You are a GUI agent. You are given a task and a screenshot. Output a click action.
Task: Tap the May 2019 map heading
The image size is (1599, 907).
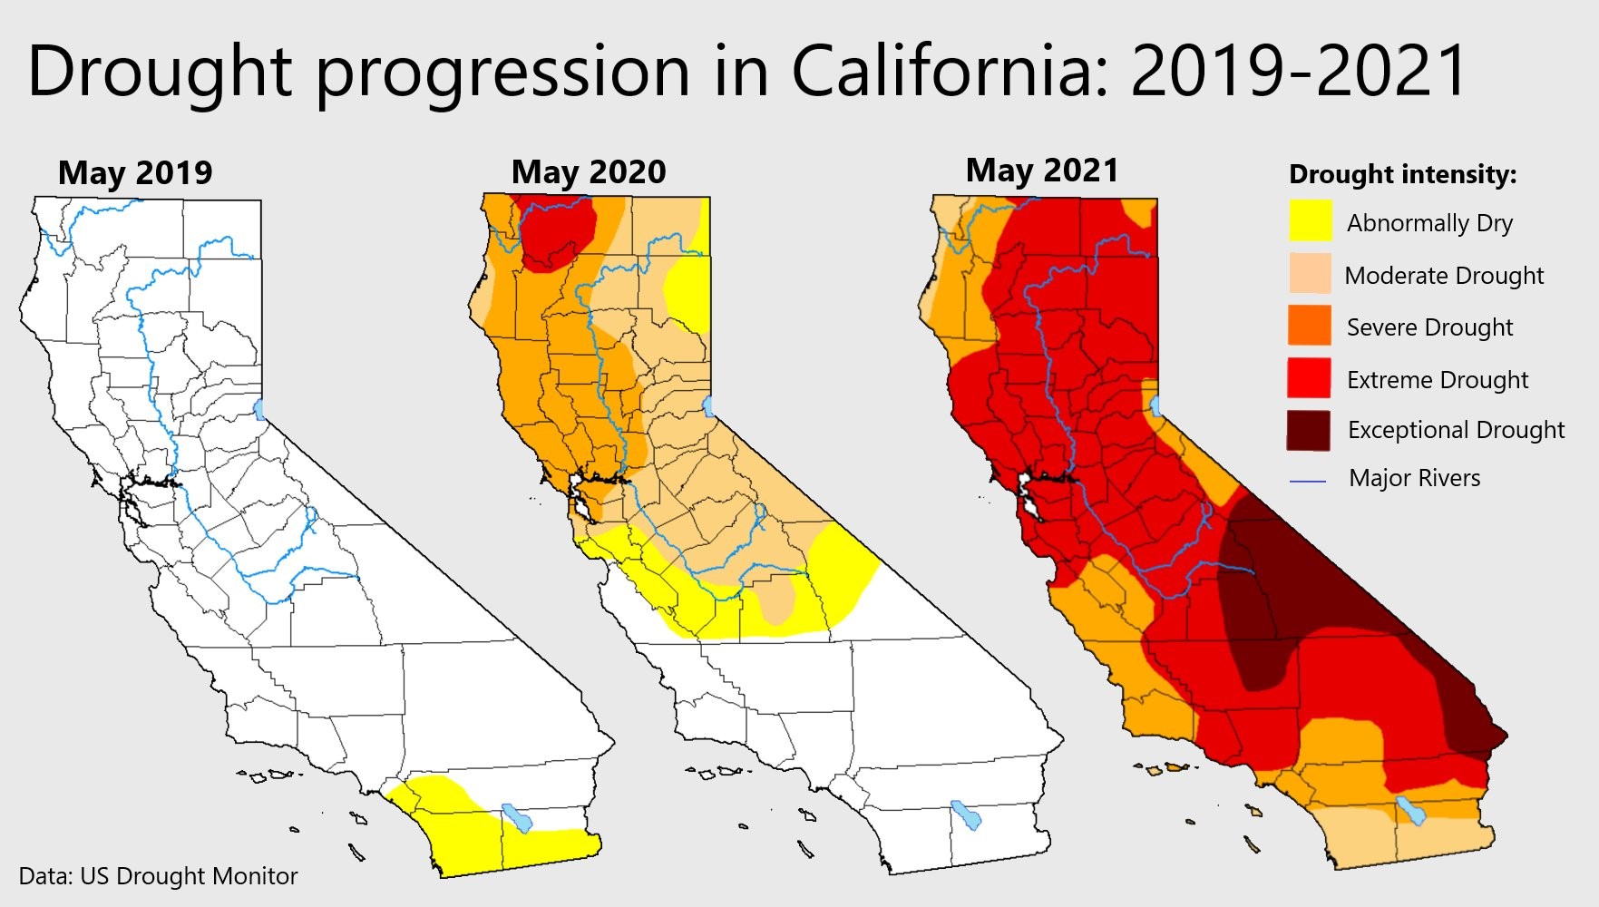(135, 172)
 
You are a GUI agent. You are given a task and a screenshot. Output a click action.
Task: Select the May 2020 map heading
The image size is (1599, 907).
(589, 171)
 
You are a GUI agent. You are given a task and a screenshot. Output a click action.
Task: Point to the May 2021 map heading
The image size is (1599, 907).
(1042, 170)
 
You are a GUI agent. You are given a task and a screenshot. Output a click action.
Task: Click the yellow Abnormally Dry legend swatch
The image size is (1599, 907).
(1311, 220)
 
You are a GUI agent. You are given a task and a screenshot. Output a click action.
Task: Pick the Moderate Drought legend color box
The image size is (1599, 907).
(1311, 273)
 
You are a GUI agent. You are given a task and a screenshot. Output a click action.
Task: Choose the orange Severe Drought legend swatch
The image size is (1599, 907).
(1311, 325)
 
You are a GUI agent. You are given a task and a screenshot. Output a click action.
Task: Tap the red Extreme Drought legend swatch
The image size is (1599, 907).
(1310, 377)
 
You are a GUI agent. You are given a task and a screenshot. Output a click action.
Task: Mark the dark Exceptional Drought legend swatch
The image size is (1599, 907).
(1309, 430)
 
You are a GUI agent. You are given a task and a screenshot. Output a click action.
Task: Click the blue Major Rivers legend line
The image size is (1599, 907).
(1308, 481)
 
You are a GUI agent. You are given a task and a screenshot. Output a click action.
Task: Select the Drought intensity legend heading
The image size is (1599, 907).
(1402, 174)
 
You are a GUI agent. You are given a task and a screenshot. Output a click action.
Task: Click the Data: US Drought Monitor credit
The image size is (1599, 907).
(158, 876)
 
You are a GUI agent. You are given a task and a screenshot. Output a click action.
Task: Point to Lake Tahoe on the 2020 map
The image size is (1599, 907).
(708, 405)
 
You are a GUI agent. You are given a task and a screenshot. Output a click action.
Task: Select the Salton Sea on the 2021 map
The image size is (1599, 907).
(1410, 810)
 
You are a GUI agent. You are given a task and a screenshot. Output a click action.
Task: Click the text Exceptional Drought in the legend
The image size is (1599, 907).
(1456, 430)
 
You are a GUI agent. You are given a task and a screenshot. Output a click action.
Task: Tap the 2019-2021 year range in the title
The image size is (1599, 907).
(1299, 71)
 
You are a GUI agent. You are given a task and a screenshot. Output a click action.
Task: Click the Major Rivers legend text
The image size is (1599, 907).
(1414, 478)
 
